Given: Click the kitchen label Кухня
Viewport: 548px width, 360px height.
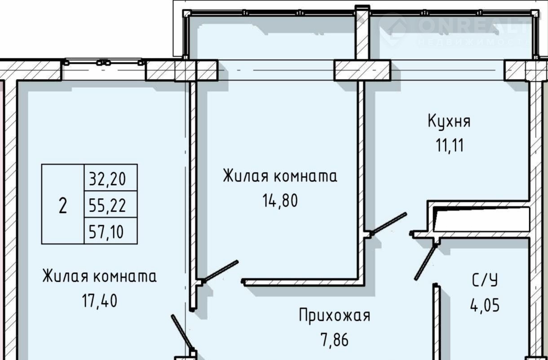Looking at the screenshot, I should pos(449,122).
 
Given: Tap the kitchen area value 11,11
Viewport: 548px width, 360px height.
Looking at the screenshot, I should pos(449,146).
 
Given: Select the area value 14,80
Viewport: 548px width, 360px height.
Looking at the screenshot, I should pos(280,200).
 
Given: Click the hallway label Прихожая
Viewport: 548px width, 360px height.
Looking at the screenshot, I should pos(335,316).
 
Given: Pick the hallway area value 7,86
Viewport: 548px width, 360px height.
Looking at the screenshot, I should pos(335,340).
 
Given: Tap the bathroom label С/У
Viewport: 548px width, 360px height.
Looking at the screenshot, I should pos(485,281).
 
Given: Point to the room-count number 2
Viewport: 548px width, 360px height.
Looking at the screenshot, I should pos(63,206).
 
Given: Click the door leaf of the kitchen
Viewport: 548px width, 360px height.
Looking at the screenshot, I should pos(389,223).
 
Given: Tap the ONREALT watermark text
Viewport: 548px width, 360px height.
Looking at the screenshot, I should pos(472,27).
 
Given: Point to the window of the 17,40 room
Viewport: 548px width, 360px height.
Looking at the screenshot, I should pos(104,62).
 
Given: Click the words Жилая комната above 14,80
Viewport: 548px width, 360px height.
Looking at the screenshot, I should pos(280,176).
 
